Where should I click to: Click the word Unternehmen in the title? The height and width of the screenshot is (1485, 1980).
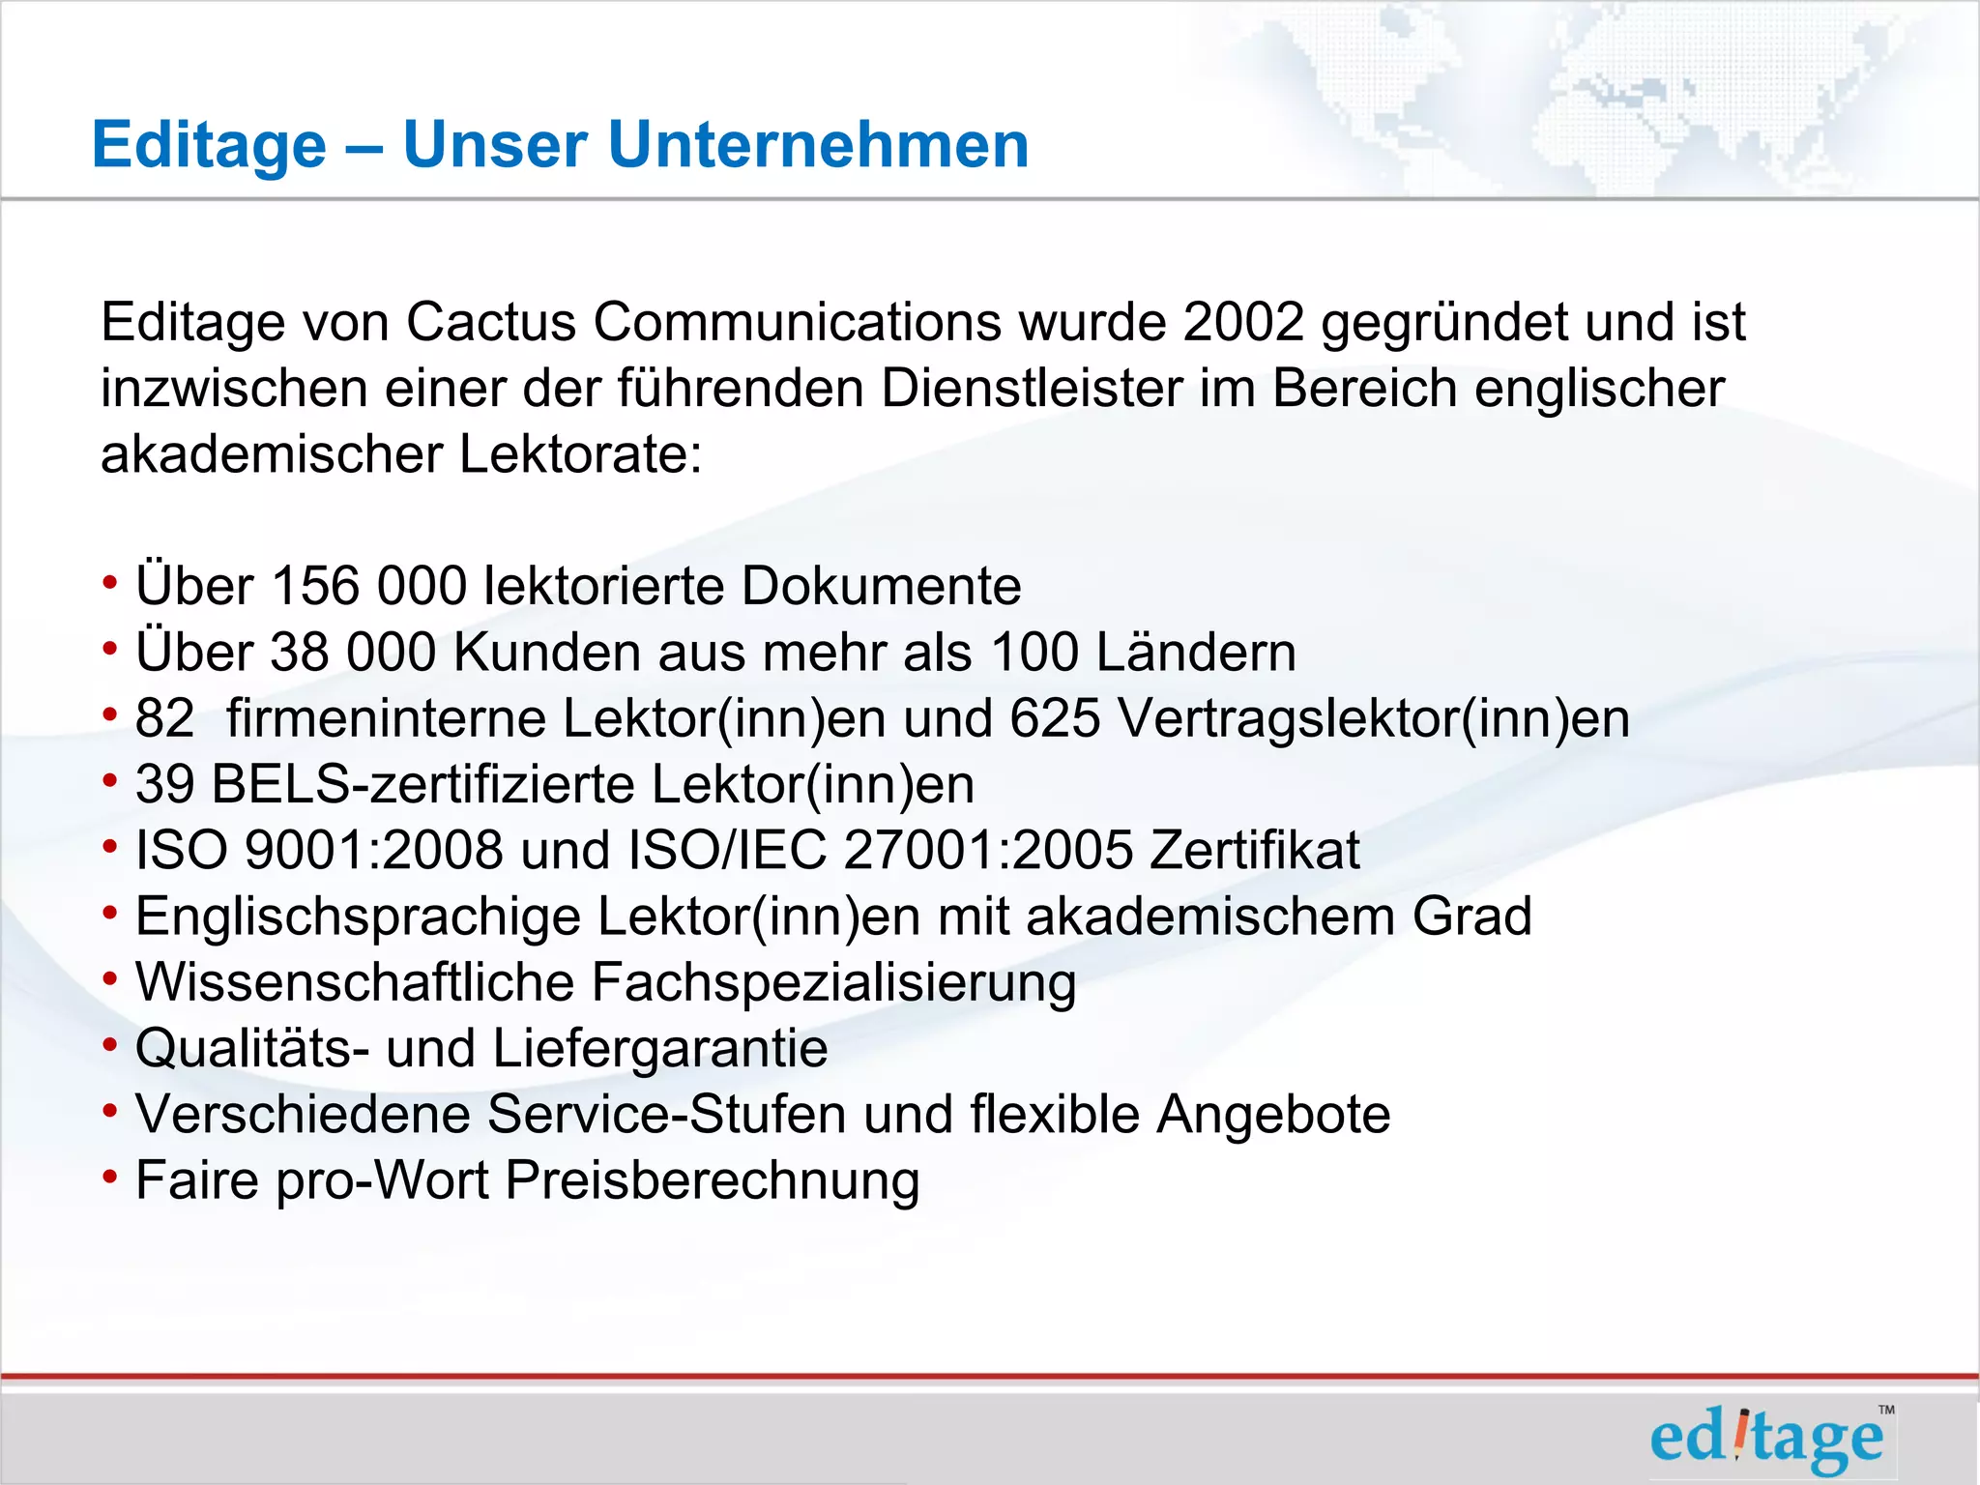click(817, 145)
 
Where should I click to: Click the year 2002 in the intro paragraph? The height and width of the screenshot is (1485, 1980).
click(1244, 322)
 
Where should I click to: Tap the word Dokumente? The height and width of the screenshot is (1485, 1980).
click(881, 586)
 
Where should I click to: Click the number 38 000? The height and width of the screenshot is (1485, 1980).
click(353, 653)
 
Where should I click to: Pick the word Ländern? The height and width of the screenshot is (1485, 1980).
click(1196, 653)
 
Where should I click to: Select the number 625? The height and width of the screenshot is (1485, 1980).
click(1055, 718)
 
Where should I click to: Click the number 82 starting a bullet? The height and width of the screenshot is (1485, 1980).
click(164, 718)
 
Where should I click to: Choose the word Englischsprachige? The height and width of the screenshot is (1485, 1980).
click(358, 917)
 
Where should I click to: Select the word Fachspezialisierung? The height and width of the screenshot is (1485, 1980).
click(833, 983)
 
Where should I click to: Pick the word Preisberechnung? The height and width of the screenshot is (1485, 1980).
click(712, 1181)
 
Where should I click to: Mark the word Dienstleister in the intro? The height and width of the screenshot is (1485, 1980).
click(1032, 389)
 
